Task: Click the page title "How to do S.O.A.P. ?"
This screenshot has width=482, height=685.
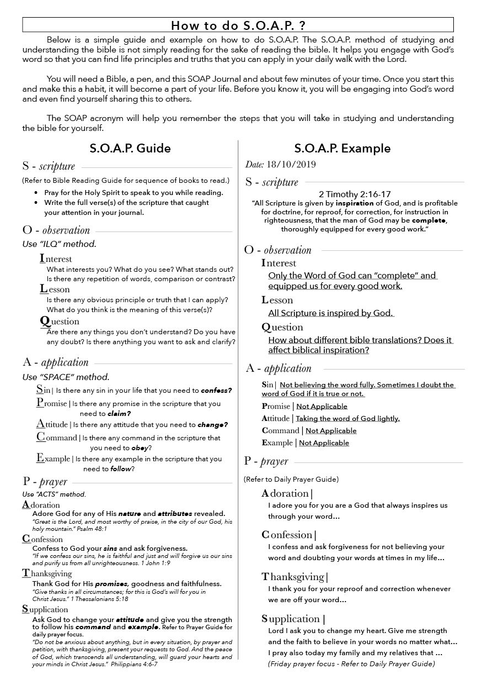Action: [238, 25]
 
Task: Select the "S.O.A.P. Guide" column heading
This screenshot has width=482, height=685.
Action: [130, 149]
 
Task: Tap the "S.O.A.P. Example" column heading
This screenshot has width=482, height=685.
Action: [342, 149]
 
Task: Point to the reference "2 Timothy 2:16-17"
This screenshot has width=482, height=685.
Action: [355, 194]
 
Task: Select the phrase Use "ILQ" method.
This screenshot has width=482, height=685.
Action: [55, 244]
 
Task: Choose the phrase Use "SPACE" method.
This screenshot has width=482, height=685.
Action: [66, 377]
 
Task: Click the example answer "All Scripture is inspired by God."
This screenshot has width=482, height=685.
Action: [330, 313]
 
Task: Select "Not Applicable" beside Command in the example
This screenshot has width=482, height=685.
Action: [331, 431]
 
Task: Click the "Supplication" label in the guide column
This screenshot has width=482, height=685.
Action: [45, 609]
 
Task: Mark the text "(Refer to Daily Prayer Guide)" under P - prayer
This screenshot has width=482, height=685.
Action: [291, 479]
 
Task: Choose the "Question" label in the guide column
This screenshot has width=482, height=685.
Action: [60, 321]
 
